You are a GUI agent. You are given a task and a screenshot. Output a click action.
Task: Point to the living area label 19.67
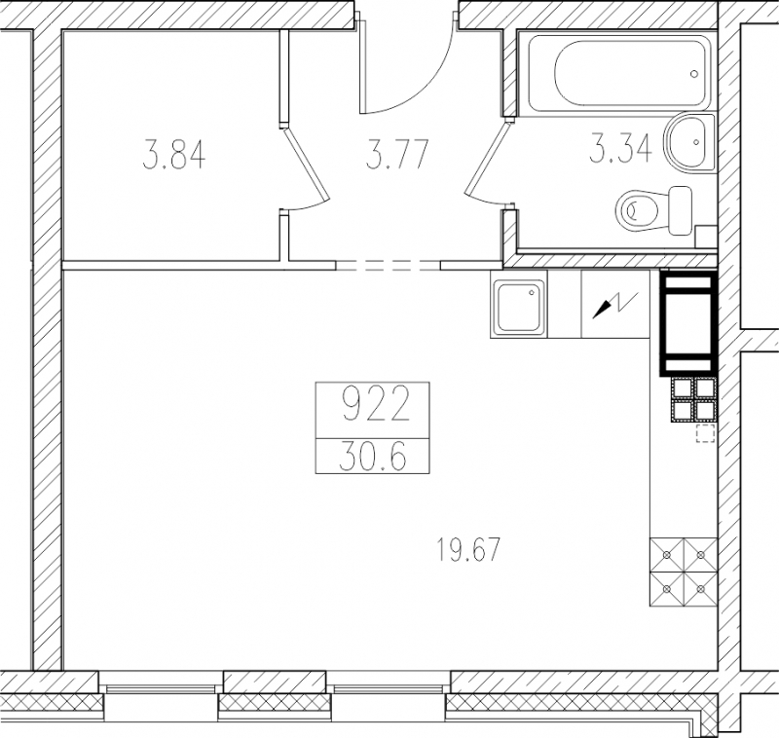[467, 551]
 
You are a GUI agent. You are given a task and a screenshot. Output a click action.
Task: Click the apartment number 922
[376, 404]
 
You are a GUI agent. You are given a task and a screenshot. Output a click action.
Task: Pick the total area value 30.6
[373, 457]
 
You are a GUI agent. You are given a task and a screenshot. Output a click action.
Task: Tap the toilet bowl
[639, 211]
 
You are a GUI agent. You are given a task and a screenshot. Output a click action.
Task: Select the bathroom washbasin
[691, 142]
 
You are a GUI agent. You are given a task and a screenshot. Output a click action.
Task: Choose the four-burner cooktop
[684, 572]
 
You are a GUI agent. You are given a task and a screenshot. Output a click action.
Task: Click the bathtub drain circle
[694, 74]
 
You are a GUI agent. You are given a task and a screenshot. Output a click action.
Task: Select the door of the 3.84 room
[307, 165]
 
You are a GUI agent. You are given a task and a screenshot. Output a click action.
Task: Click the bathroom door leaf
[488, 159]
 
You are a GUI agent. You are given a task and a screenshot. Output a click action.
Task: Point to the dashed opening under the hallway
[389, 266]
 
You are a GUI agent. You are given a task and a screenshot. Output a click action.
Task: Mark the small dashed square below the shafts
[705, 433]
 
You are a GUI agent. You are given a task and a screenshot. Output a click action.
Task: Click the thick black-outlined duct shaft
[688, 322]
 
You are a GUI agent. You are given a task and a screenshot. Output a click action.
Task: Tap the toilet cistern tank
[680, 210]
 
